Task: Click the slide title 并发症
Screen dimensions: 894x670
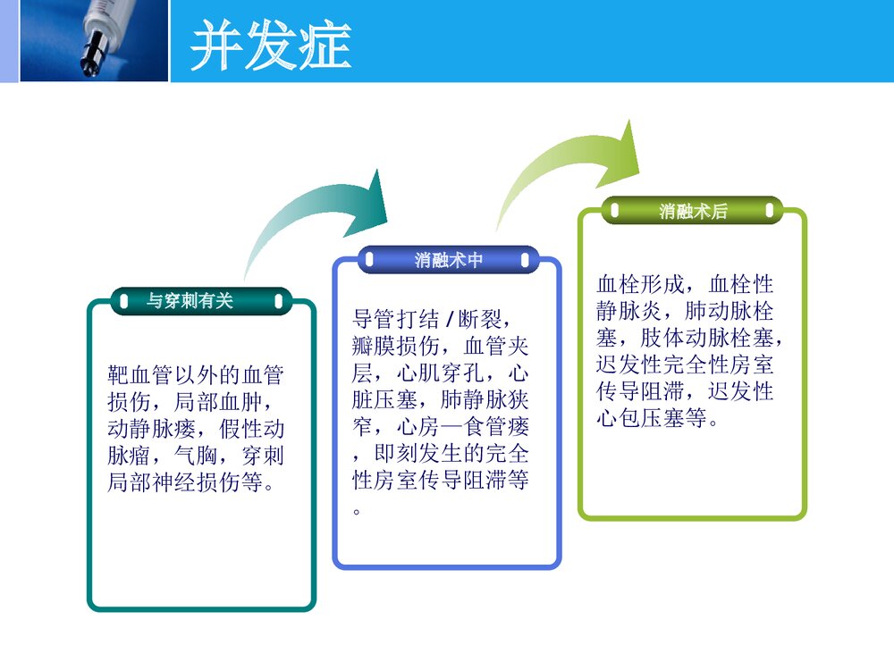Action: (x=270, y=45)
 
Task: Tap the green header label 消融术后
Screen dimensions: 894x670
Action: (x=693, y=212)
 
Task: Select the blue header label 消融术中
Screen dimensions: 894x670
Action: (x=448, y=260)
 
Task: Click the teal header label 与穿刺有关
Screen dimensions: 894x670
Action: (x=190, y=300)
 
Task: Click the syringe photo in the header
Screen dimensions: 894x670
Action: (x=94, y=40)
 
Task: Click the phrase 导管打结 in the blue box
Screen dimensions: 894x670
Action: (x=396, y=319)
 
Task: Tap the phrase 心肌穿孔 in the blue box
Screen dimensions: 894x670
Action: (x=441, y=373)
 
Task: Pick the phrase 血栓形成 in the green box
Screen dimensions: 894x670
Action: (x=640, y=284)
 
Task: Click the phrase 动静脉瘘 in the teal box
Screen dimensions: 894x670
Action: (x=152, y=429)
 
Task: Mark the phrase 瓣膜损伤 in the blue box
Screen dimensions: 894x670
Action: (x=396, y=346)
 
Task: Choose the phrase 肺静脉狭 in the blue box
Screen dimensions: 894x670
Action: (x=485, y=400)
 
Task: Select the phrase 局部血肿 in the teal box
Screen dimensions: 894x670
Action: (x=218, y=402)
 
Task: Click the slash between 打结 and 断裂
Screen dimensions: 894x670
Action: (x=450, y=319)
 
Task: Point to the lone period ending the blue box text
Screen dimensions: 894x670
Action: (x=357, y=512)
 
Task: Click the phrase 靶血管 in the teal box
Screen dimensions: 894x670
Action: (x=140, y=375)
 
